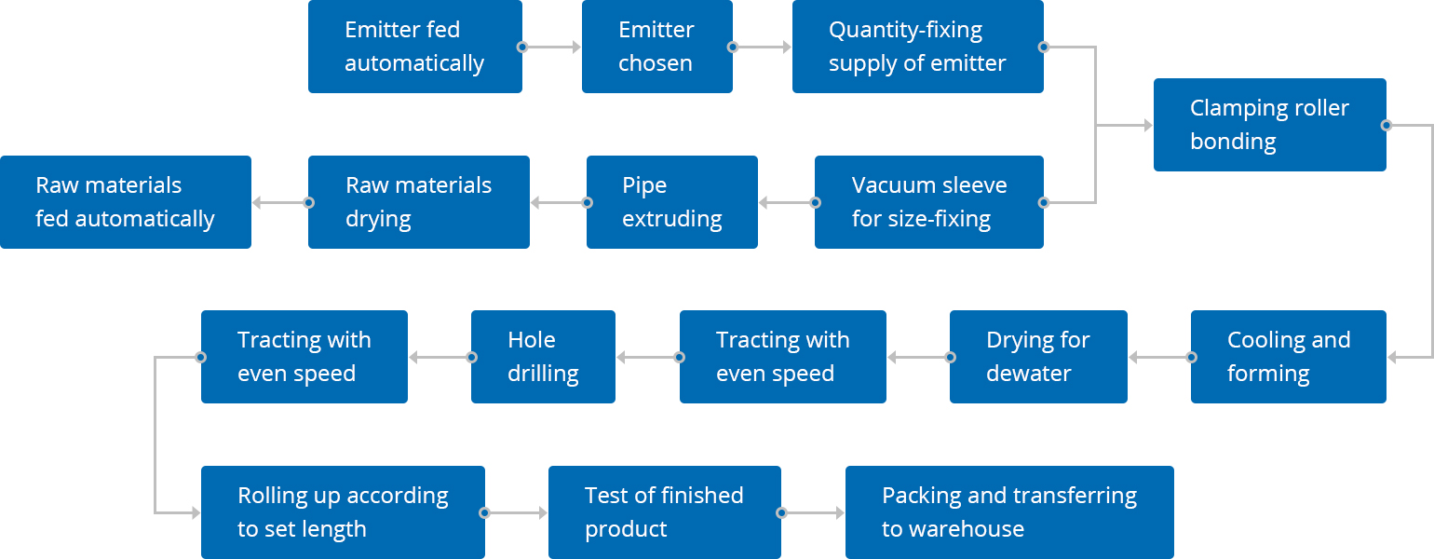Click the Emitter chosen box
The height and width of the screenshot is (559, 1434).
click(656, 47)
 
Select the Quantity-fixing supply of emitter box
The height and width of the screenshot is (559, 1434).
click(917, 47)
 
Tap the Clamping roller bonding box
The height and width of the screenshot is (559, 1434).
click(1269, 125)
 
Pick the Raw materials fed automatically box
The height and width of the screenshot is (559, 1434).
click(126, 202)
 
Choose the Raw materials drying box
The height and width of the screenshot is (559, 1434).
click(419, 202)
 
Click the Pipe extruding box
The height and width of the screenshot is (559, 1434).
click(672, 202)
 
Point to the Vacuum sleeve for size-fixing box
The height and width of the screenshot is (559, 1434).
click(929, 202)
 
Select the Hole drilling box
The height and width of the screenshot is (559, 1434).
click(543, 357)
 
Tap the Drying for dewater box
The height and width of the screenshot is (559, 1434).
click(1038, 357)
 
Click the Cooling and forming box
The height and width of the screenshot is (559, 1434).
click(1288, 357)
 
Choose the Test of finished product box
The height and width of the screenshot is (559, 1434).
click(665, 512)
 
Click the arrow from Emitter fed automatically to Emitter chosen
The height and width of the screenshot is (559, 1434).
click(552, 47)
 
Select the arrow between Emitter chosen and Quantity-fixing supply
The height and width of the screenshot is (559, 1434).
click(763, 47)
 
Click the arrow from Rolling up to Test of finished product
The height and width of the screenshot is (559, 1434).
click(516, 512)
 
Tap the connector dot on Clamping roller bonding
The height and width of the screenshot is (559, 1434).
click(1386, 125)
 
